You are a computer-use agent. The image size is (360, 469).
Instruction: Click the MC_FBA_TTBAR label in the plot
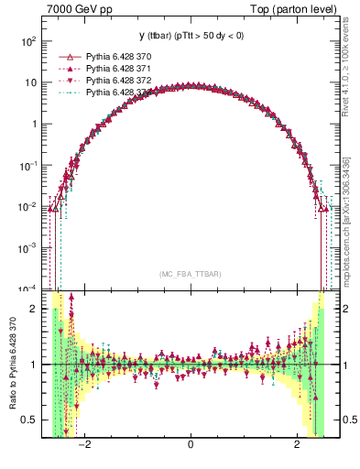pyautogui.click(x=190, y=274)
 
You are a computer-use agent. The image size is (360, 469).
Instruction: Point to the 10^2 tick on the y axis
pyautogui.click(x=29, y=41)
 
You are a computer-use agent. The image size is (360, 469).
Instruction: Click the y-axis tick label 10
pyautogui.click(x=32, y=82)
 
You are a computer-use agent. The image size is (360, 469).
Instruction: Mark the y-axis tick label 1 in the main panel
pyautogui.click(x=35, y=124)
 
